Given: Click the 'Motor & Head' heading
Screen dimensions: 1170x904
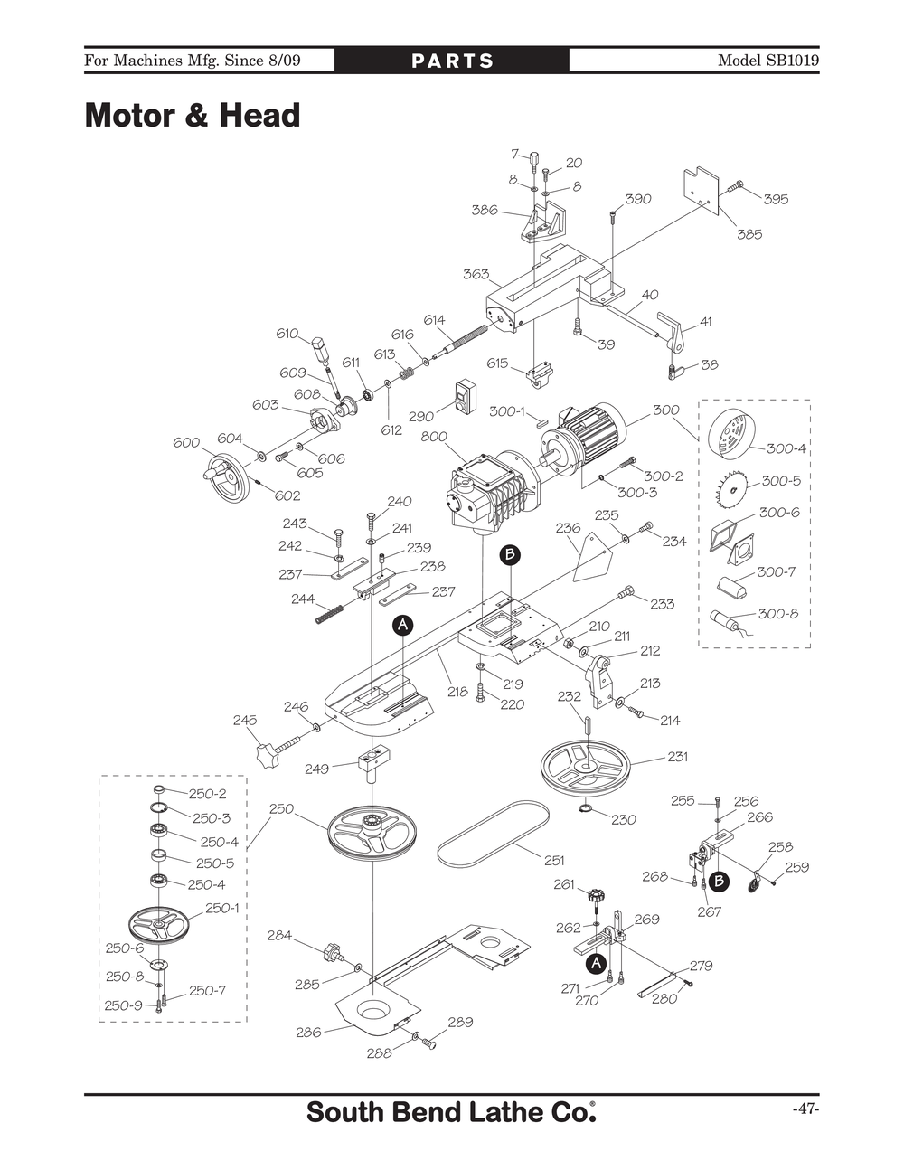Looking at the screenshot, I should click(x=192, y=117).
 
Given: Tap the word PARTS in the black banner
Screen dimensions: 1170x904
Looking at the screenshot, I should click(x=452, y=61).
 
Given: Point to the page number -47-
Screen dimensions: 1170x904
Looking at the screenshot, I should click(x=805, y=1109).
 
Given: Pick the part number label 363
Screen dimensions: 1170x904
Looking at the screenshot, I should click(x=476, y=274).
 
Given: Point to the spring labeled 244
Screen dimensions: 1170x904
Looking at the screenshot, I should click(x=332, y=613).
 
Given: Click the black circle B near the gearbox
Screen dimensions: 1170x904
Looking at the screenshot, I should click(x=510, y=553).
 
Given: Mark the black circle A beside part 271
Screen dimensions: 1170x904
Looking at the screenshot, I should click(x=595, y=964).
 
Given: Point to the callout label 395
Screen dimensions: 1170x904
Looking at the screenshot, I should click(x=776, y=199).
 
